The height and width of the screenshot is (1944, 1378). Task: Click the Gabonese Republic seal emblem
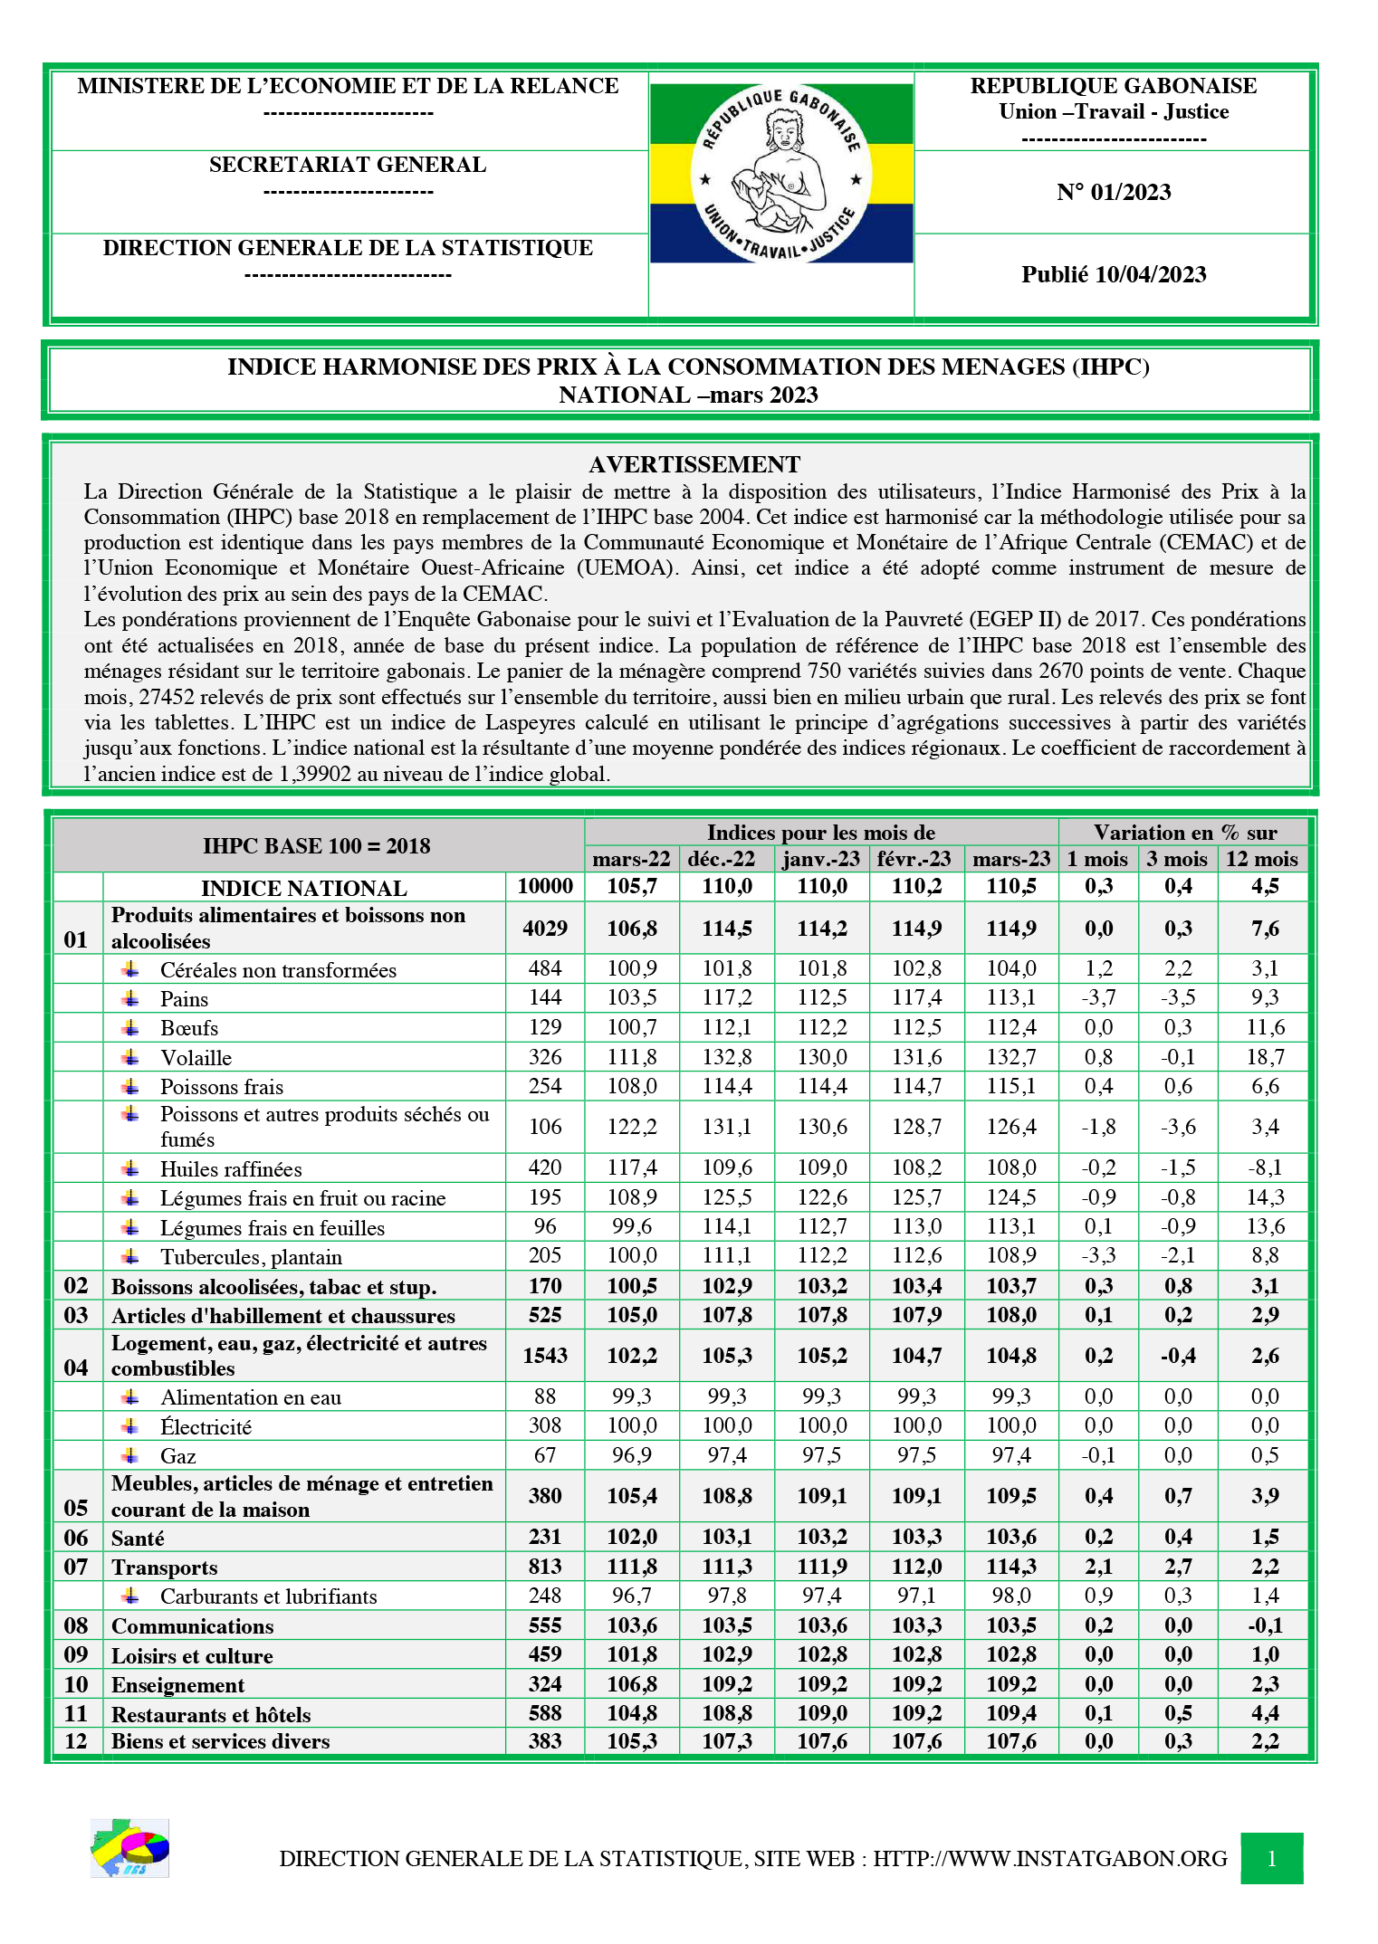pos(781,175)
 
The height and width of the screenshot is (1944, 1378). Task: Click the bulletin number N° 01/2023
pos(1113,192)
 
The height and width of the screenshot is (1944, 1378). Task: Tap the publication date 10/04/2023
pos(1113,275)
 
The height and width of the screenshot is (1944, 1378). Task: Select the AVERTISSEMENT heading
pos(694,464)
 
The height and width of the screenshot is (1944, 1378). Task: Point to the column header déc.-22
pos(727,859)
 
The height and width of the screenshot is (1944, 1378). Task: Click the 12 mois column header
pos(1262,859)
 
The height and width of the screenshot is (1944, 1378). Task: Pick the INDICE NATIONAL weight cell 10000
pos(545,886)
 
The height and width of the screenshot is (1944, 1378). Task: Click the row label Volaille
pos(196,1058)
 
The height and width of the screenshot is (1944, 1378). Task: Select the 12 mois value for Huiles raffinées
pos(1265,1167)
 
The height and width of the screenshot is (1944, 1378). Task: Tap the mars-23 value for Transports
pos(1011,1567)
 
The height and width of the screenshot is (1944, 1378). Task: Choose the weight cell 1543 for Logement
pos(545,1355)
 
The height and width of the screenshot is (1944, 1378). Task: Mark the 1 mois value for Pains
pos(1098,997)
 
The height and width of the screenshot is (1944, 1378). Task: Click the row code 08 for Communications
pos(76,1625)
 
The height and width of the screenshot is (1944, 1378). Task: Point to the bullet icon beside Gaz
pos(131,1455)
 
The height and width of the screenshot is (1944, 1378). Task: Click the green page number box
pos(1271,1859)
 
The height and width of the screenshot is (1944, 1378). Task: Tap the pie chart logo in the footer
pos(130,1848)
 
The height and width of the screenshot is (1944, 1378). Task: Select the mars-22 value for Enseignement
pos(632,1684)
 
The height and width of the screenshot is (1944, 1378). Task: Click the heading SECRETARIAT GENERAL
pos(348,165)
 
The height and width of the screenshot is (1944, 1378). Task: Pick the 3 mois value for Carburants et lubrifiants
pos(1178,1596)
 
